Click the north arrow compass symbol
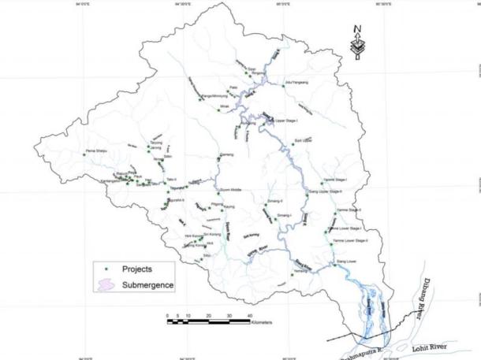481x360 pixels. [x=358, y=43]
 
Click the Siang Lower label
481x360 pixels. [x=347, y=260]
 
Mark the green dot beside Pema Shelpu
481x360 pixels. [x=84, y=155]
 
